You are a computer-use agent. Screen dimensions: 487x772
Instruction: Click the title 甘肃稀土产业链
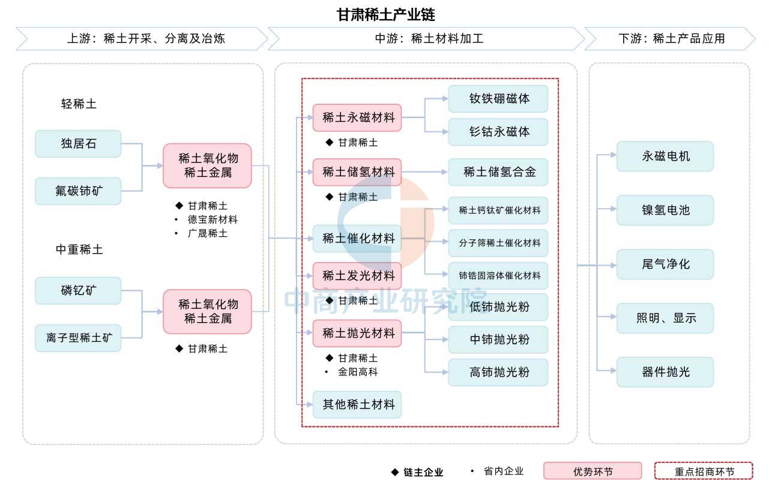coord(385,14)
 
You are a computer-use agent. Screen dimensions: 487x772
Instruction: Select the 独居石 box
coord(78,144)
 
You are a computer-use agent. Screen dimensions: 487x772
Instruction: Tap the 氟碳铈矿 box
coord(78,191)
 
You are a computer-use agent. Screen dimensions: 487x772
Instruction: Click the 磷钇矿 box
coord(78,291)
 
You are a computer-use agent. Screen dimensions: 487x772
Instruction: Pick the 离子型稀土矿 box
coord(78,338)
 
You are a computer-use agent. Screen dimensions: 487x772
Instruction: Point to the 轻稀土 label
coord(79,104)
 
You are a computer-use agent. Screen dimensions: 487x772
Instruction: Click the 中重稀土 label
coord(79,249)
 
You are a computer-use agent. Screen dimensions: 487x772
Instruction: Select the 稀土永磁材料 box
coord(357,118)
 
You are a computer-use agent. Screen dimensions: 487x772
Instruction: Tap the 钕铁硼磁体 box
coord(498,99)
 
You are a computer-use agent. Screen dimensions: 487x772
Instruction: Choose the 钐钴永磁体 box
coord(498,132)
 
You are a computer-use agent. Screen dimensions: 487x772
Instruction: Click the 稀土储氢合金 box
coord(498,173)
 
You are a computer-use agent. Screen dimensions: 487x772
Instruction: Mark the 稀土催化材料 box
coord(357,239)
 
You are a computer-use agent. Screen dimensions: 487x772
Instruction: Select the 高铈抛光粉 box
coord(498,372)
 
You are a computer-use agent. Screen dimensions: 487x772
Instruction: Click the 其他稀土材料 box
coord(357,405)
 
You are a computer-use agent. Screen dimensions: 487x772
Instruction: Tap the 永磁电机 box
coord(665,157)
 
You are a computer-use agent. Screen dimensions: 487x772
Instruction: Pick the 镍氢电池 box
coord(665,211)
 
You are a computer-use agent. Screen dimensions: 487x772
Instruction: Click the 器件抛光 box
coord(665,372)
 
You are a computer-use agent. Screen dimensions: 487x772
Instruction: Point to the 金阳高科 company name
coord(358,372)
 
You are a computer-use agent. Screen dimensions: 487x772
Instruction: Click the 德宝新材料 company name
coord(213,220)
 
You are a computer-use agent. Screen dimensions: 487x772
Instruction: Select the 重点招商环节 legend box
coord(703,471)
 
